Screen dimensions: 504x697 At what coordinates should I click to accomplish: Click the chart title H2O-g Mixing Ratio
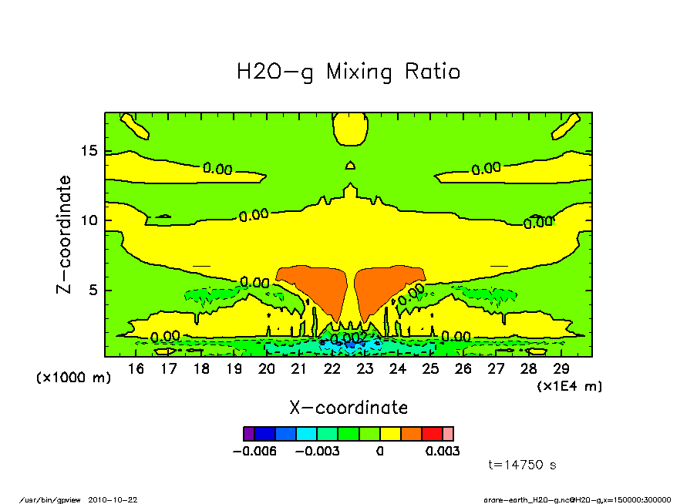(348, 72)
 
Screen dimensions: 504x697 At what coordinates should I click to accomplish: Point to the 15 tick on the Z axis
(93, 151)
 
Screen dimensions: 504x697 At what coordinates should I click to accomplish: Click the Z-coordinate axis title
(65, 235)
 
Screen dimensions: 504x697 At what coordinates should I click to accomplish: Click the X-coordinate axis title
(348, 408)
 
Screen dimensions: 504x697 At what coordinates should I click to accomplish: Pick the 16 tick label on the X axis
(136, 369)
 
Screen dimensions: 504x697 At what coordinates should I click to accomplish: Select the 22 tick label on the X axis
(332, 369)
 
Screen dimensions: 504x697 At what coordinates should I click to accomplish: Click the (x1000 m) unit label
(74, 378)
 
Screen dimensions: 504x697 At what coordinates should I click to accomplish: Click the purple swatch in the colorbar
(248, 434)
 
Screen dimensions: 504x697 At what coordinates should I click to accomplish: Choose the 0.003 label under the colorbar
(442, 451)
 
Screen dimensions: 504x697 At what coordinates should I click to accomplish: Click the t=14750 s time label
(523, 465)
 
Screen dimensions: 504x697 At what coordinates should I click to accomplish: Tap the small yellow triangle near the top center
(350, 165)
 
